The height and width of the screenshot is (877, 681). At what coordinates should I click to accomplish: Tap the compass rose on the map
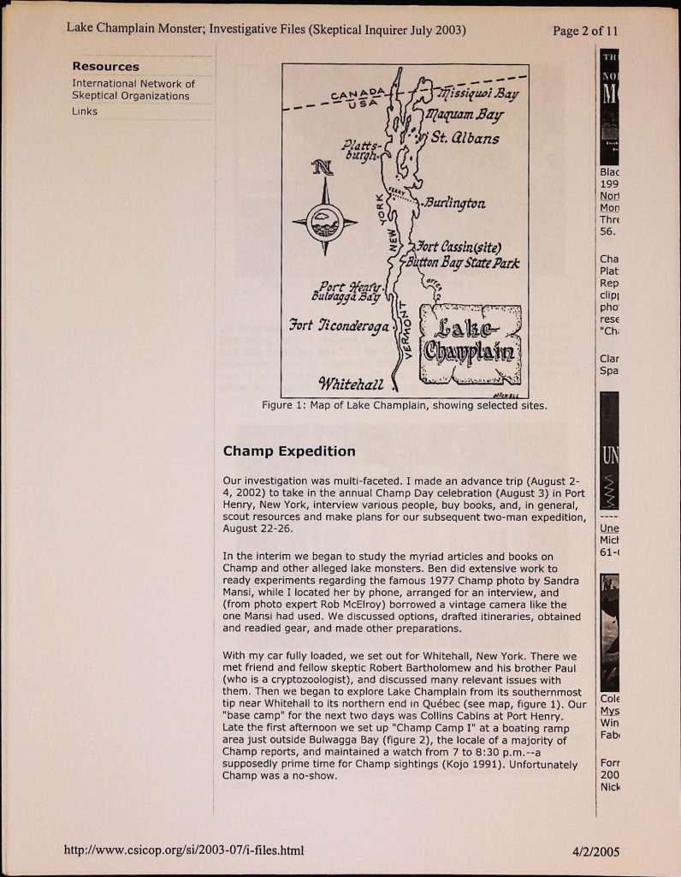click(x=324, y=221)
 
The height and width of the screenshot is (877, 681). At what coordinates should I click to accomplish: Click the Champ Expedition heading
click(x=288, y=450)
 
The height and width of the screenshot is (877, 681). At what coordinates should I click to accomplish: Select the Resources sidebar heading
click(x=105, y=66)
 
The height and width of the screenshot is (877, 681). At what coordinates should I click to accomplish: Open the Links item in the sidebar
click(x=85, y=111)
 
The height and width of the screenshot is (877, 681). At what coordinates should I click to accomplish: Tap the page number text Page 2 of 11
click(x=584, y=31)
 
